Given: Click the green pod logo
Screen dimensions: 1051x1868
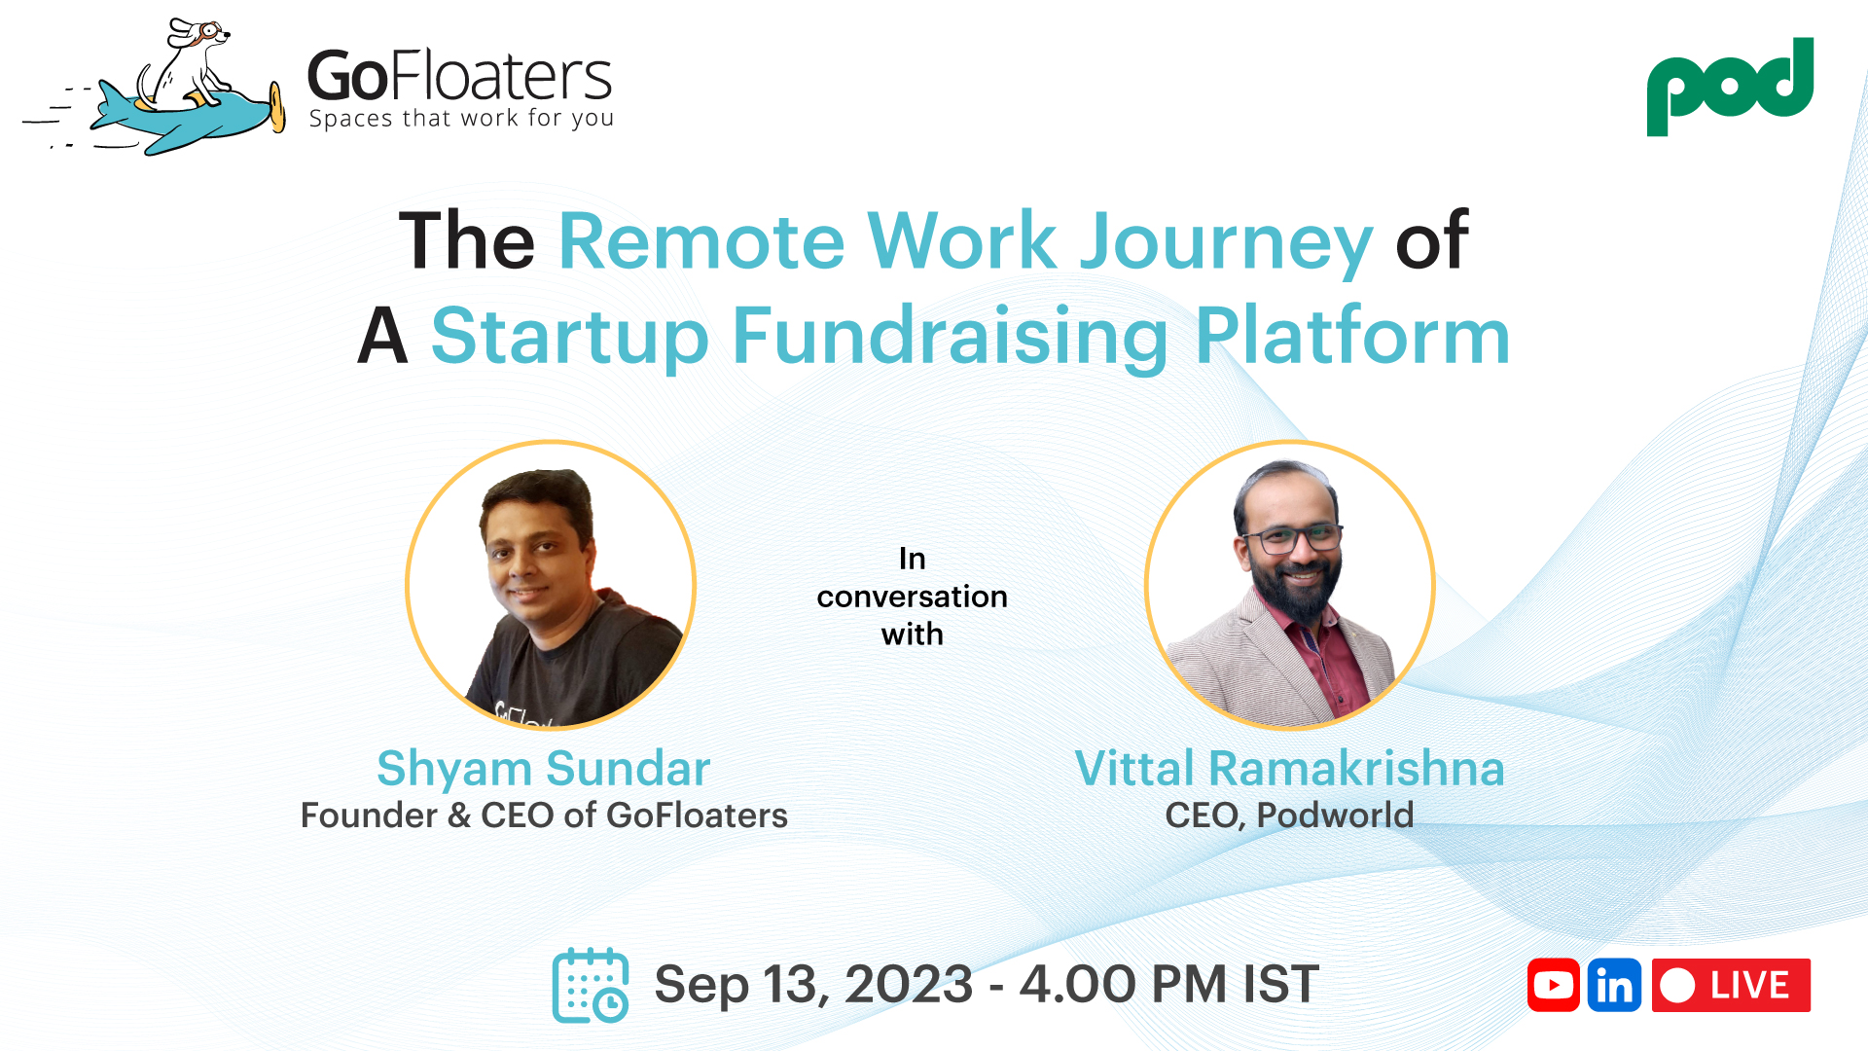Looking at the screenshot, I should (x=1730, y=86).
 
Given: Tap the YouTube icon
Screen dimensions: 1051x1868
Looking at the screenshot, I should (x=1553, y=985).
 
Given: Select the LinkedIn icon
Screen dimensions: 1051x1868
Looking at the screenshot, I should (x=1614, y=985).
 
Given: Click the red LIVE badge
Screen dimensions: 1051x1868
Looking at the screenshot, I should (x=1731, y=985).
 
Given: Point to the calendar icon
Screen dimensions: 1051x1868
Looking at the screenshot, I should (x=590, y=985).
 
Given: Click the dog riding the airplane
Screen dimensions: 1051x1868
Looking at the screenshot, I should (x=191, y=63).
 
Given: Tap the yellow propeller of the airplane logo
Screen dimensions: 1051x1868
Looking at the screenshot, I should (x=277, y=106).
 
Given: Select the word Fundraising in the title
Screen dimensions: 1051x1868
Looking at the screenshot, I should (x=950, y=337).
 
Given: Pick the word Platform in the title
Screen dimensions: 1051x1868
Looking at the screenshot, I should (x=1352, y=337).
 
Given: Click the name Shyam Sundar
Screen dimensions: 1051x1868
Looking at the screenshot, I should (x=543, y=769).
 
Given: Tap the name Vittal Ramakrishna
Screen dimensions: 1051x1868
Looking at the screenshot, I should (x=1289, y=769).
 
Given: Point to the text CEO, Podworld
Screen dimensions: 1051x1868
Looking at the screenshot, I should (x=1289, y=815).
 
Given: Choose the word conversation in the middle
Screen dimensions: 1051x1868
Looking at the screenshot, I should (x=912, y=597).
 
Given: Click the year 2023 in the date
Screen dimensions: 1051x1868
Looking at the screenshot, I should (x=909, y=985).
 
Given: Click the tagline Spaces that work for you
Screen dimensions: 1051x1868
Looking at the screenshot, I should (x=461, y=119).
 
